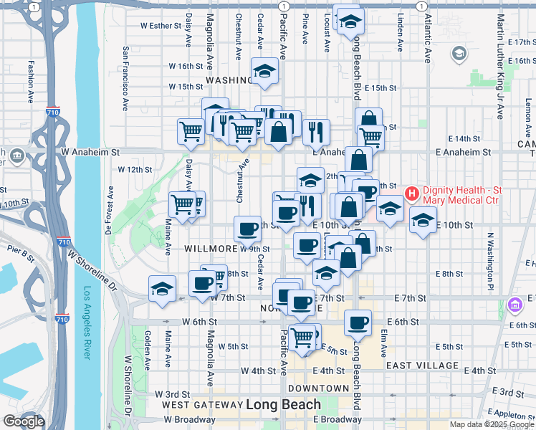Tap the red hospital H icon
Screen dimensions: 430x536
412,193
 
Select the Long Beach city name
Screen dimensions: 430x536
283,405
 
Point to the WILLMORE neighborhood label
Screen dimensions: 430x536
211,249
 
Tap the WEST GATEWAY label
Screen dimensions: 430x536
202,405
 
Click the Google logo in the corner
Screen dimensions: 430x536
24,421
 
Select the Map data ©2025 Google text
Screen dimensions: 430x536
491,424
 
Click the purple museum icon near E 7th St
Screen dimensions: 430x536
515,306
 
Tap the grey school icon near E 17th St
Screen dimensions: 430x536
459,54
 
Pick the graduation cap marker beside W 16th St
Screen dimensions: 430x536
264,71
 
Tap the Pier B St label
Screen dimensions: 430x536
21,253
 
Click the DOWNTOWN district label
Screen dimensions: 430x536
318,388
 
